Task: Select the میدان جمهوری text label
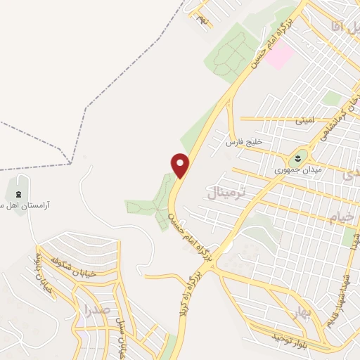pyautogui.click(x=298, y=170)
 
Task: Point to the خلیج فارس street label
pyautogui.click(x=243, y=141)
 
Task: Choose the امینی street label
pyautogui.click(x=304, y=120)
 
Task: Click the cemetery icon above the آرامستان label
pyautogui.click(x=18, y=194)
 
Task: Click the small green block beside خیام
pyautogui.click(x=349, y=237)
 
